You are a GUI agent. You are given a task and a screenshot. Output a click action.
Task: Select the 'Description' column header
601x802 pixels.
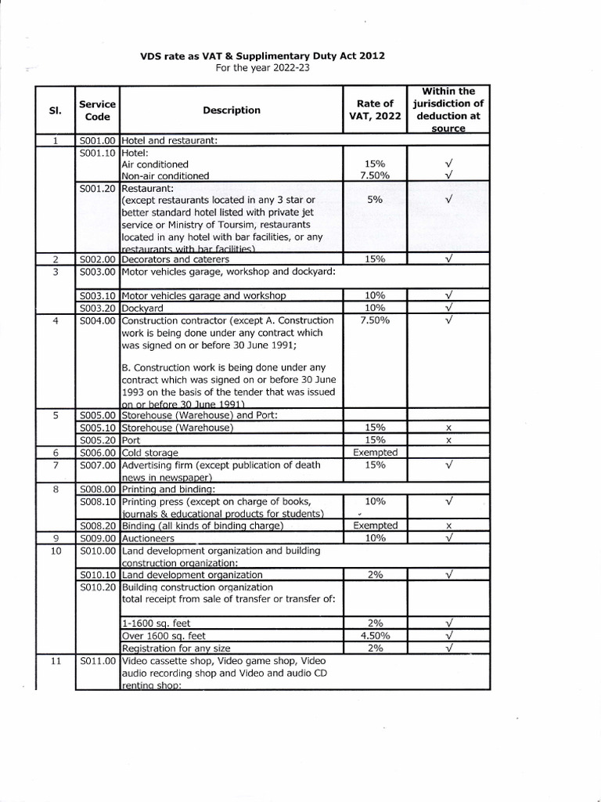[x=231, y=110]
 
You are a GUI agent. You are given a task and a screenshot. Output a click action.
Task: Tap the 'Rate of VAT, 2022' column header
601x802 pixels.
[x=375, y=110]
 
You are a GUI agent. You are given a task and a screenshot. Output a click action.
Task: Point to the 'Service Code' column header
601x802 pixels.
[x=97, y=110]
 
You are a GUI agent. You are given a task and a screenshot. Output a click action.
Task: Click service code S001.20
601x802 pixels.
[x=98, y=189]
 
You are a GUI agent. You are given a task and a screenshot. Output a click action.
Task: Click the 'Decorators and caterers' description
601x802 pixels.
[x=175, y=258]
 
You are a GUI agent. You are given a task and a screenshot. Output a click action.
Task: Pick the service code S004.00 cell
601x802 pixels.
[x=98, y=320]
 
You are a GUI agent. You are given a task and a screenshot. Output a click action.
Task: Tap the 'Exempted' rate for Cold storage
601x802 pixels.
[x=375, y=452]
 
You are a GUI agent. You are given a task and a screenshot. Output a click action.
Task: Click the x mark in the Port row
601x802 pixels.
[x=449, y=441]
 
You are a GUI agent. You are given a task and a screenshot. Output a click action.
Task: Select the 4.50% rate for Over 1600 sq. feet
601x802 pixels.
[x=375, y=636]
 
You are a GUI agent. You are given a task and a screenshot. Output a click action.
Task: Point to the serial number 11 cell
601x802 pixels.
[x=56, y=662]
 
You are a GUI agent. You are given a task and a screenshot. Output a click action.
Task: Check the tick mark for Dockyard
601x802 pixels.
[x=449, y=308]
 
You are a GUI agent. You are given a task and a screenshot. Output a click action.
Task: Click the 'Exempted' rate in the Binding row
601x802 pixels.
[x=375, y=526]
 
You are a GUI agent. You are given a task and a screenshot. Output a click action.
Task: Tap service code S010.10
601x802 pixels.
[x=98, y=575]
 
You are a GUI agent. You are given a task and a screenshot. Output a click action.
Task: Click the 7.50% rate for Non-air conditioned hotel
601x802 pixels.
[x=375, y=176]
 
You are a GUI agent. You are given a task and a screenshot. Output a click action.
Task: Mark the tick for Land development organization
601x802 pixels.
[x=449, y=575]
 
